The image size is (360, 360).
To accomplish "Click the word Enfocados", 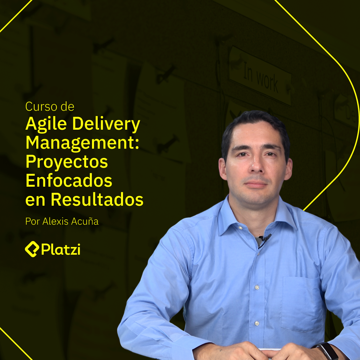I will pyautogui.click(x=69, y=181).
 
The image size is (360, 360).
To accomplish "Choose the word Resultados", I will pyautogui.click(x=97, y=199).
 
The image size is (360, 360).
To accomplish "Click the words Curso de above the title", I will pyautogui.click(x=50, y=107).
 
